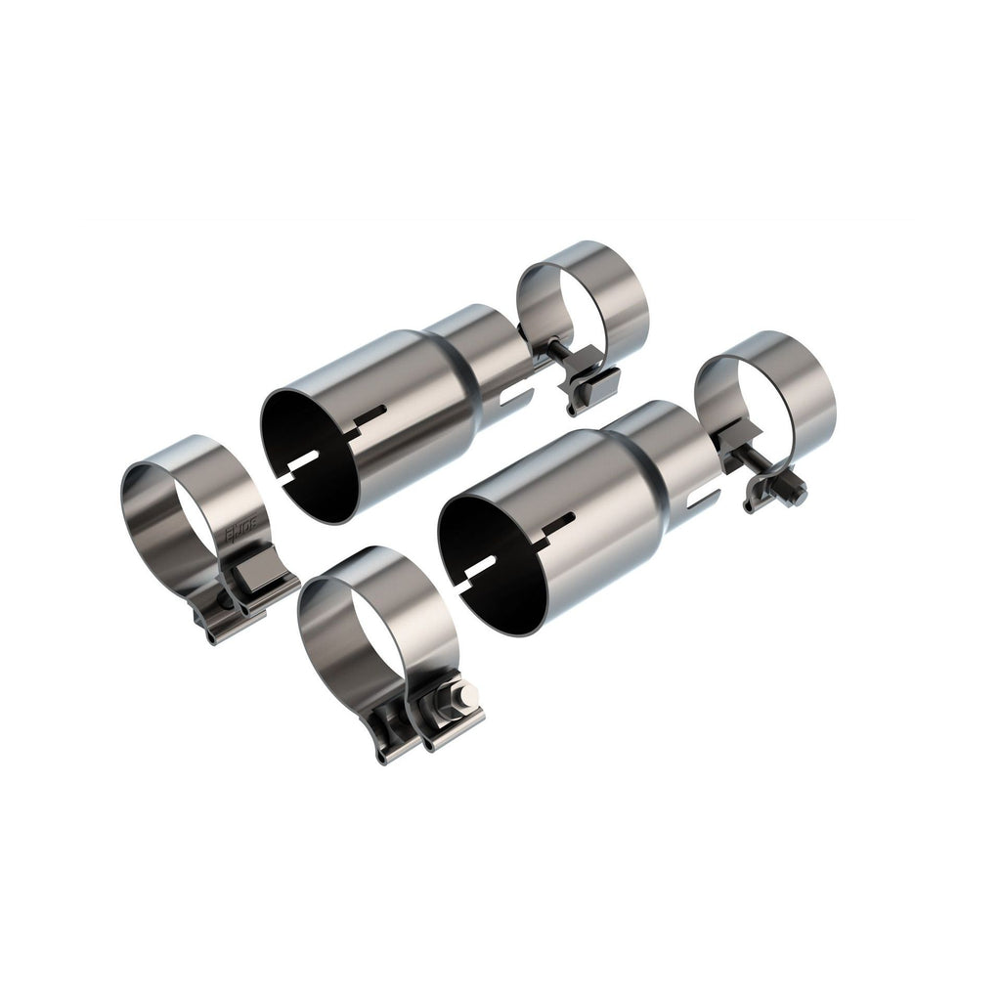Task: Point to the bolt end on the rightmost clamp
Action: pyautogui.click(x=797, y=497)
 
